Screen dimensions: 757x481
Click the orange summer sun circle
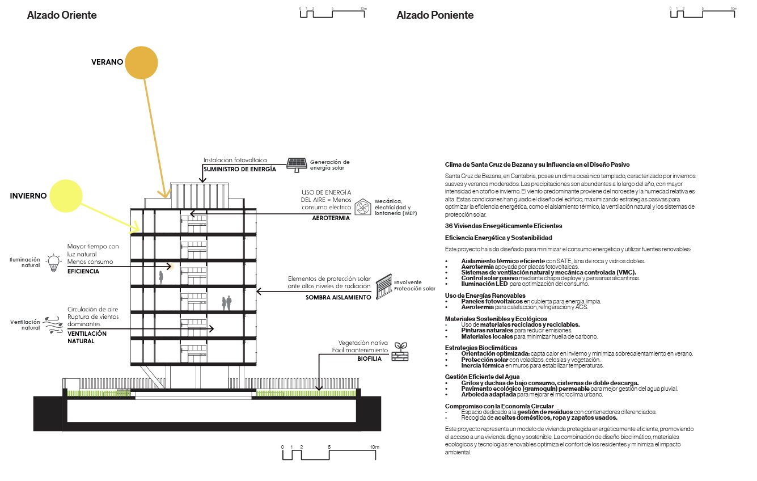(141, 63)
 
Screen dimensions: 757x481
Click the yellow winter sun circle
(66, 196)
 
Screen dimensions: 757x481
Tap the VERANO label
(107, 62)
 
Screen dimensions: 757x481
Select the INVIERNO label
(28, 196)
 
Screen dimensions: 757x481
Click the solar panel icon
(297, 165)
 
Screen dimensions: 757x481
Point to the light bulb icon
(53, 263)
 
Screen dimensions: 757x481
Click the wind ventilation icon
(53, 325)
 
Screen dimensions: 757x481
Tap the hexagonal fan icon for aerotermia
(362, 207)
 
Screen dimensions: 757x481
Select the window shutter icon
(384, 286)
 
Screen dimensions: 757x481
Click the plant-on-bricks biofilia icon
(400, 352)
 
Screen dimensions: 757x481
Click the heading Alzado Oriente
(62, 15)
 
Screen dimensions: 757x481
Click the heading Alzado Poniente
(435, 15)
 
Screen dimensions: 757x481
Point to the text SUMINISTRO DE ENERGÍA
(240, 169)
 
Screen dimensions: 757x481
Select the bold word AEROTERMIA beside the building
(331, 218)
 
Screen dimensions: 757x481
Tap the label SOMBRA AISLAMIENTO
(339, 297)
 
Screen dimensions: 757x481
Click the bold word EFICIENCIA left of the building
(83, 271)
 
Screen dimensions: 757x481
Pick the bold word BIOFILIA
(369, 358)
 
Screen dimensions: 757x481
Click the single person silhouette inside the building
(161, 277)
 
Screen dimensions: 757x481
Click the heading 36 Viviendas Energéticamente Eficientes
(504, 226)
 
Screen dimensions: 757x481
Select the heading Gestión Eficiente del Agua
(482, 377)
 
